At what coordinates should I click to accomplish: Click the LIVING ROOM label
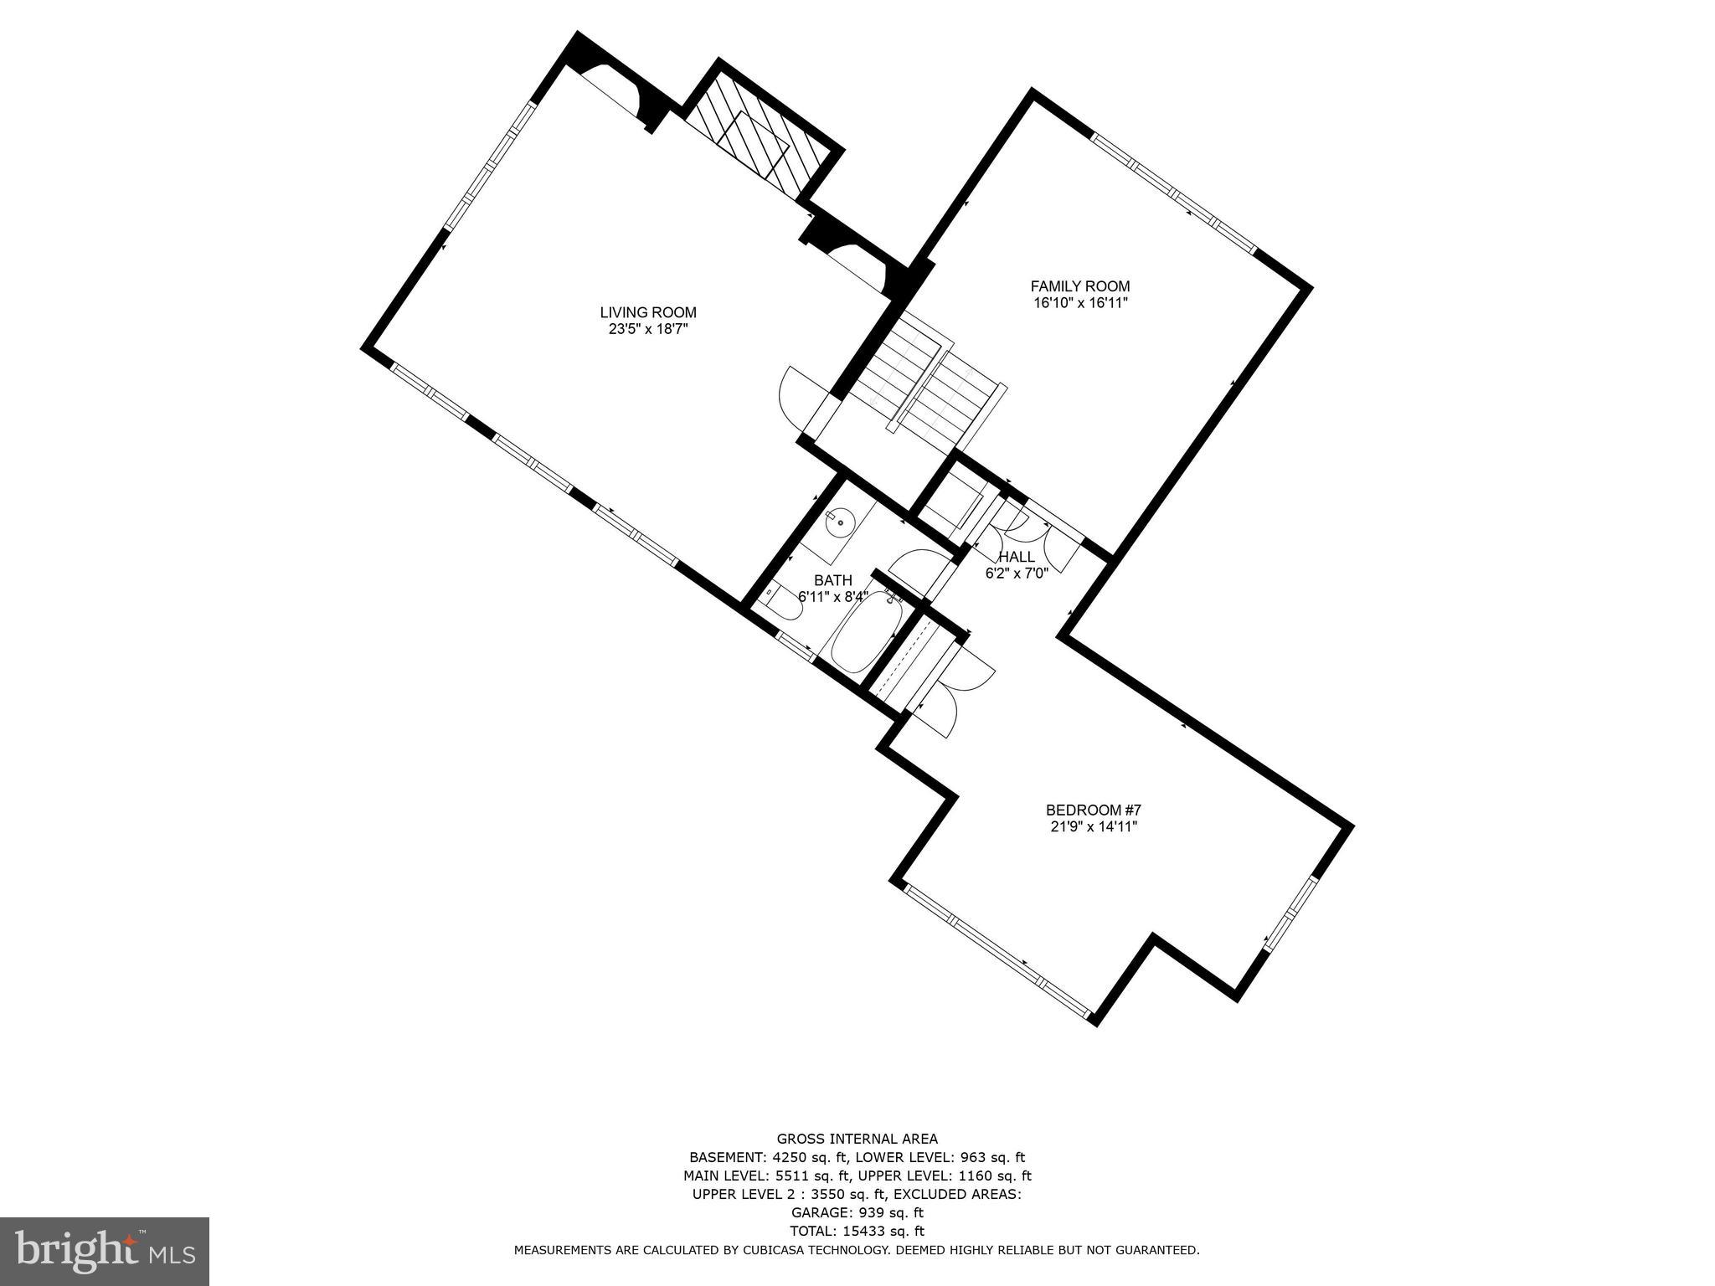[x=647, y=312]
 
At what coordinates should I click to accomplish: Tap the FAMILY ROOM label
[x=1079, y=285]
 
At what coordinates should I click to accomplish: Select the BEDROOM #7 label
[x=1093, y=810]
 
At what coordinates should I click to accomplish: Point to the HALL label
[x=1016, y=557]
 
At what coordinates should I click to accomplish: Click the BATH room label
[x=832, y=580]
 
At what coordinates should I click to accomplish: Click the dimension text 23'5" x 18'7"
[x=647, y=330]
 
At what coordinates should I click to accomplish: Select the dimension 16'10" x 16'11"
[x=1079, y=303]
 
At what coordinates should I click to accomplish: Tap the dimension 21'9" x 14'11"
[x=1093, y=826]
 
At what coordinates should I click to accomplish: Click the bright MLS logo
[x=104, y=1252]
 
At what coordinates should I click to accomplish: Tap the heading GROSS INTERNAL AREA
[x=857, y=1139]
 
